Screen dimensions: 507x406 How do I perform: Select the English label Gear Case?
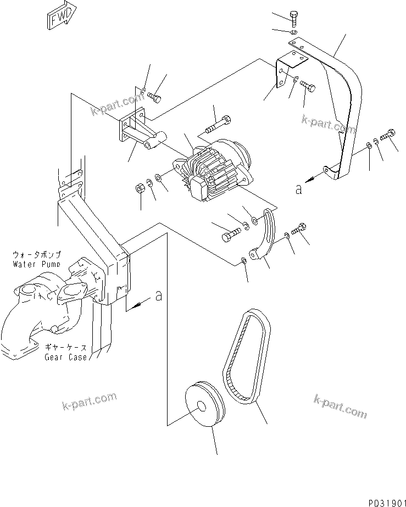66,357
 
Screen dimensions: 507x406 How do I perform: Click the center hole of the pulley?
202,408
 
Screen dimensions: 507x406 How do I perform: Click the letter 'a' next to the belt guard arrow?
298,190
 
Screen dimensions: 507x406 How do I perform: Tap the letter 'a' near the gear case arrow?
158,296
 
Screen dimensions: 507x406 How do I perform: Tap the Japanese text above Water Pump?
37,255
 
